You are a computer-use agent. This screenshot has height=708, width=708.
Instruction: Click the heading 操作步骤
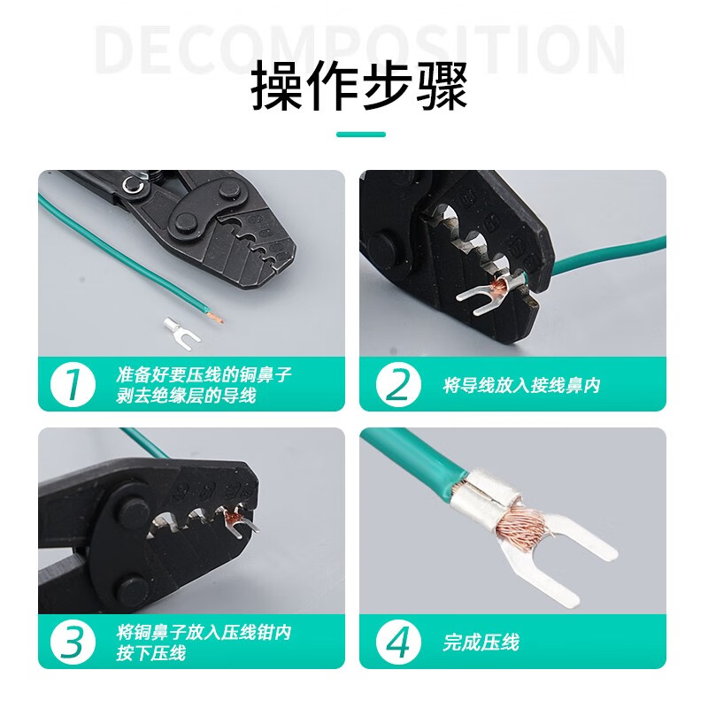(x=359, y=86)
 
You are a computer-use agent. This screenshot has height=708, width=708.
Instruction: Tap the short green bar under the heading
(x=361, y=135)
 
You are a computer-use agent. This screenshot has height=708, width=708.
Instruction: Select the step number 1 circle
(x=73, y=385)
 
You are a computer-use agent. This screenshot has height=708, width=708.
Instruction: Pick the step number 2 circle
(x=398, y=385)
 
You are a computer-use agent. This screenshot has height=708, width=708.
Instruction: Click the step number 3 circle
(x=73, y=643)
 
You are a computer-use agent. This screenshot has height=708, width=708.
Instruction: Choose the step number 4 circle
(x=398, y=643)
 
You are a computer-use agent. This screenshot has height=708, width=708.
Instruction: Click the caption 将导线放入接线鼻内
(x=521, y=385)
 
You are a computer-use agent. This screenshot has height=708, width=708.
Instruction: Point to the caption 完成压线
(x=481, y=643)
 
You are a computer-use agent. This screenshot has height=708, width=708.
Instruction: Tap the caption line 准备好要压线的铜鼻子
(x=204, y=374)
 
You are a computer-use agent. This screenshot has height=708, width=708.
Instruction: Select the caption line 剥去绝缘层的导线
(x=186, y=396)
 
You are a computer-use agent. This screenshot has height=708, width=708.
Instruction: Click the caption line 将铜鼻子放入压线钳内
(x=204, y=632)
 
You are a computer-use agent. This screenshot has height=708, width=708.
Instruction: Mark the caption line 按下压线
(x=150, y=653)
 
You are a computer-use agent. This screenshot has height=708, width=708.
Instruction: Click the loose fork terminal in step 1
(x=180, y=329)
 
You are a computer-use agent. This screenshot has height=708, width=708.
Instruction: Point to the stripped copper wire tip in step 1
(x=216, y=318)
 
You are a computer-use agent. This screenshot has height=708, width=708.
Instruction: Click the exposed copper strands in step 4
(x=524, y=524)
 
